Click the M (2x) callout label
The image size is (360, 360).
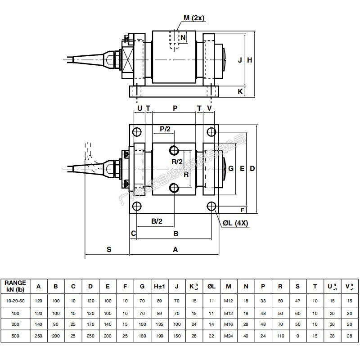click(193, 18)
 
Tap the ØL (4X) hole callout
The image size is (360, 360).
click(235, 223)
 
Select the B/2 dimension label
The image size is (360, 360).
click(156, 220)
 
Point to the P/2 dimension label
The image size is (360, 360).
click(166, 129)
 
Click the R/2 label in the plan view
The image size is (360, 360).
click(177, 162)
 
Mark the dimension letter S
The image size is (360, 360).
click(109, 249)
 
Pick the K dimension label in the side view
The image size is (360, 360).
click(240, 91)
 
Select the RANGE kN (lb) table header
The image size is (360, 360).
click(15, 286)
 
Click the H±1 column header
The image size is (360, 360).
click(159, 286)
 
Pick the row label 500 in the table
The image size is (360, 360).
click(15, 336)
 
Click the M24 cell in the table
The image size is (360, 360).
click(229, 336)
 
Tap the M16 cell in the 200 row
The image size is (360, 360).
click(229, 324)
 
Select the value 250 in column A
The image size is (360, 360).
click(38, 336)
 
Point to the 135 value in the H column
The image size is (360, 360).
click(159, 324)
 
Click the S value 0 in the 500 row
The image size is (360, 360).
click(297, 336)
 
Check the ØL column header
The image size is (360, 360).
click(211, 286)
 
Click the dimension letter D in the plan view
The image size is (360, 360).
click(252, 168)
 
